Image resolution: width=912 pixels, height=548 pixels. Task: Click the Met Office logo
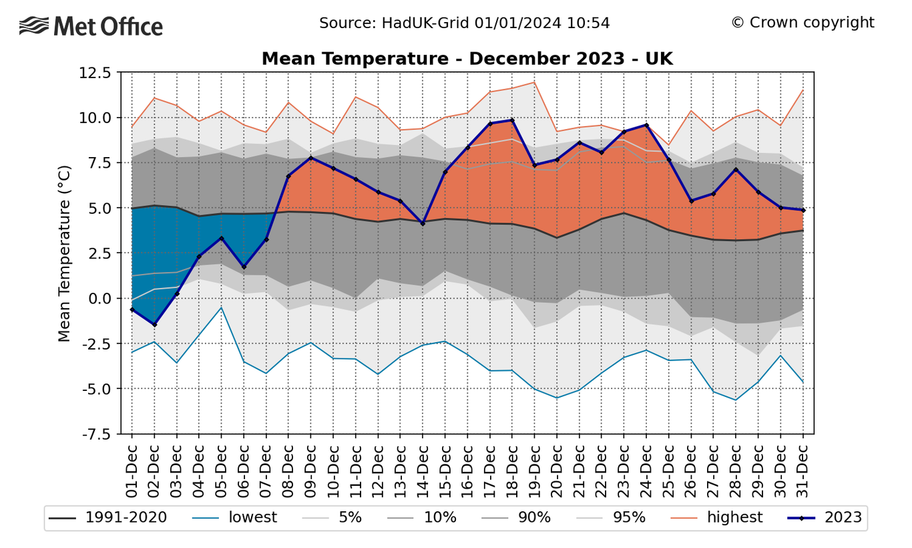pyautogui.click(x=91, y=26)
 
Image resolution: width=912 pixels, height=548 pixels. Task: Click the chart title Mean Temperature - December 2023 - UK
pyautogui.click(x=467, y=59)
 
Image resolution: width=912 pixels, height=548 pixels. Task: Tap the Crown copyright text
pyautogui.click(x=802, y=23)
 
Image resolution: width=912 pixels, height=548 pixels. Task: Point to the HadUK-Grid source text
pyautogui.click(x=464, y=23)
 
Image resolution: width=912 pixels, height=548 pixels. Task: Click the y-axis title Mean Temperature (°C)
pyautogui.click(x=64, y=253)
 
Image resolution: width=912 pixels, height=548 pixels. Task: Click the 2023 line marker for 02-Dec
pyautogui.click(x=154, y=325)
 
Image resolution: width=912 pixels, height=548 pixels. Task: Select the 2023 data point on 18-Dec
pyautogui.click(x=512, y=120)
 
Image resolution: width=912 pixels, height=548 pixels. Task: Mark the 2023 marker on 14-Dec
pyautogui.click(x=423, y=223)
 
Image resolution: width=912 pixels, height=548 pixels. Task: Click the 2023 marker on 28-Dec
pyautogui.click(x=736, y=170)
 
